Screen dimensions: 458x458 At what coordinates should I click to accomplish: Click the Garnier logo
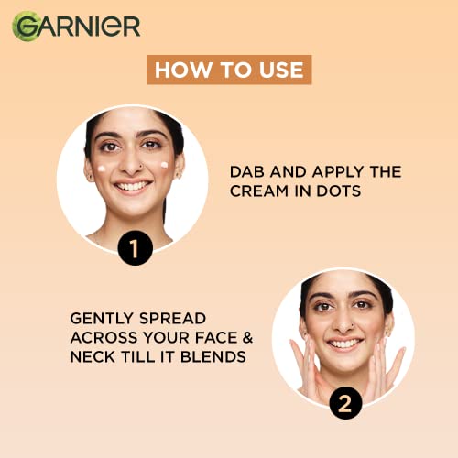tap(76, 27)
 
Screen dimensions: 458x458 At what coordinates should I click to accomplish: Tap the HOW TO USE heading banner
tap(229, 70)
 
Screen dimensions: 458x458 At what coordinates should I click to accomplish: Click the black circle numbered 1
tap(135, 247)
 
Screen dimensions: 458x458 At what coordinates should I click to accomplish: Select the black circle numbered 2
tap(345, 403)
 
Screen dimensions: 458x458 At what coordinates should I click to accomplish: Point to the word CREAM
tap(259, 191)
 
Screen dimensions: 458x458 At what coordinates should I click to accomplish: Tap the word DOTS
tap(339, 191)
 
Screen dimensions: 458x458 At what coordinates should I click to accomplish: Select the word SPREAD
tap(172, 319)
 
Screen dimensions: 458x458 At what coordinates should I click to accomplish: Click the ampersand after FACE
tap(248, 338)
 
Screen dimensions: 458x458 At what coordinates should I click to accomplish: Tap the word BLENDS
tap(213, 357)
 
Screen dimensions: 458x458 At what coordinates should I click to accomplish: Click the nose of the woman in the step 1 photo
tap(131, 163)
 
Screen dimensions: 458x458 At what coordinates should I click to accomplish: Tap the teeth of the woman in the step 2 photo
tap(344, 344)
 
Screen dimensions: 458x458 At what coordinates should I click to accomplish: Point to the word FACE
tap(216, 338)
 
